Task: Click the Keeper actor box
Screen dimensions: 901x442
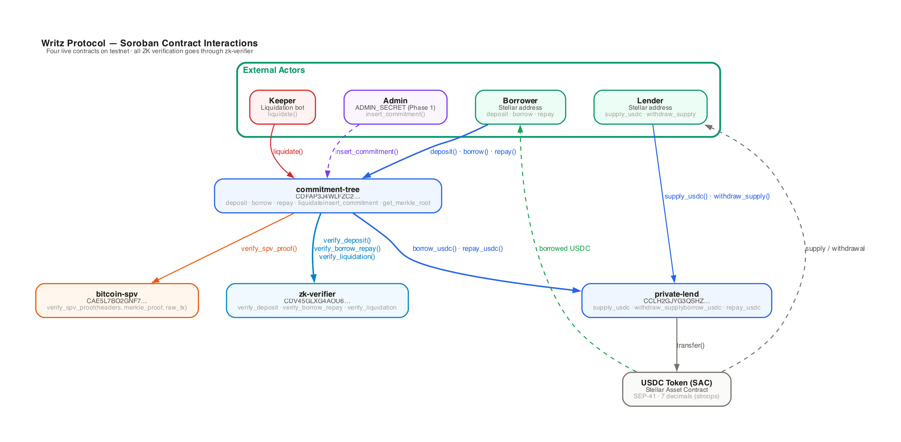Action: click(x=282, y=107)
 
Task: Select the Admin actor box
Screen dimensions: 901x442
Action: click(x=395, y=107)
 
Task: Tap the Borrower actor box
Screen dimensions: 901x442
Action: click(x=520, y=107)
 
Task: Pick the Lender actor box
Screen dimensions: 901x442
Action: click(x=650, y=107)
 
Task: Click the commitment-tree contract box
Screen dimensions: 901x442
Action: click(x=328, y=196)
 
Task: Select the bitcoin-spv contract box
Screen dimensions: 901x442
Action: click(x=117, y=301)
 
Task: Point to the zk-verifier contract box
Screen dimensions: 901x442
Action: click(x=317, y=301)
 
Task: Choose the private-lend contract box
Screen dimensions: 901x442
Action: click(x=677, y=301)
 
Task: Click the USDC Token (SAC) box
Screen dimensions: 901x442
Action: click(x=677, y=389)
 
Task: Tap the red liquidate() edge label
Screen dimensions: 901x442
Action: click(x=288, y=152)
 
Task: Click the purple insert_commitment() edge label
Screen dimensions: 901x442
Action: click(x=366, y=152)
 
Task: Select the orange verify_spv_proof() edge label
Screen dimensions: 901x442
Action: click(x=269, y=249)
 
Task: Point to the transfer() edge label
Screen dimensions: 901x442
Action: click(x=690, y=346)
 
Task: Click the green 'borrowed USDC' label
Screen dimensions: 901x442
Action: click(x=565, y=249)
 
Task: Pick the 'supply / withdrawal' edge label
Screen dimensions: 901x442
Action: click(x=835, y=249)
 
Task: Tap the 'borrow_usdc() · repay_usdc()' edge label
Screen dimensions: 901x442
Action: click(x=458, y=249)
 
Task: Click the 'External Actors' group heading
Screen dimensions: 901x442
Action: click(x=274, y=70)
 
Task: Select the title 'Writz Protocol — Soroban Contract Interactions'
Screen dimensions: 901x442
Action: click(x=149, y=43)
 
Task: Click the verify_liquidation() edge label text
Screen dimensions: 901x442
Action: click(x=347, y=257)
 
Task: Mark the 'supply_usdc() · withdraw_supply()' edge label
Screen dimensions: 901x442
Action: click(x=717, y=196)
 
